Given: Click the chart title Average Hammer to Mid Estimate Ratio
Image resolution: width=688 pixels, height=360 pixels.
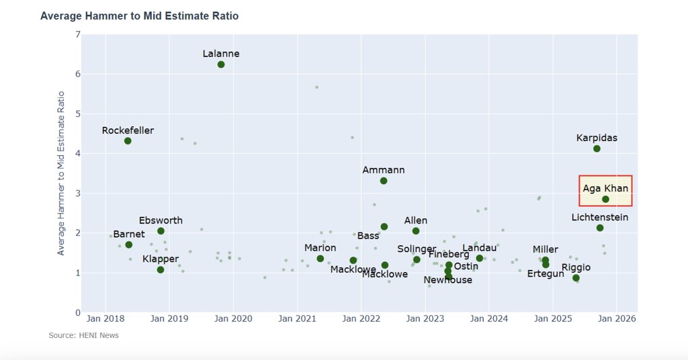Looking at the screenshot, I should click(139, 15).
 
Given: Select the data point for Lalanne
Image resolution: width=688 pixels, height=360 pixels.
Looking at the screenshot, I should click(221, 64).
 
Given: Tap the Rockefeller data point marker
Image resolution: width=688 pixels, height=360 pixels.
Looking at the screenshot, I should click(128, 141).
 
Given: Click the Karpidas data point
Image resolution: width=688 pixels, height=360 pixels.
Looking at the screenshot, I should click(597, 148).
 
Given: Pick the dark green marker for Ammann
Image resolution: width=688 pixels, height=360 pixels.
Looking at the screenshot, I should click(384, 181).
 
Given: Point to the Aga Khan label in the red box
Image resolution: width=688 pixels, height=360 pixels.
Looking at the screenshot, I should click(605, 188).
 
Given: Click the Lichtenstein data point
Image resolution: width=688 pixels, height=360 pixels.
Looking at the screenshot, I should click(600, 228).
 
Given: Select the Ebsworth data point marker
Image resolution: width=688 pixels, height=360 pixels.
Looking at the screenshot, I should click(161, 231).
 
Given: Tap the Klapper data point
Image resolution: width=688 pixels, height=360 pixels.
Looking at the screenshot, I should click(161, 270).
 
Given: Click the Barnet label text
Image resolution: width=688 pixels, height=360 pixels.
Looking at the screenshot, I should click(128, 234).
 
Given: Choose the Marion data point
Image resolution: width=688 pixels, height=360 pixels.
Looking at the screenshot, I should click(320, 259).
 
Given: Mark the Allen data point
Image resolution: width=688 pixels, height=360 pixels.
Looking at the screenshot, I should click(416, 231).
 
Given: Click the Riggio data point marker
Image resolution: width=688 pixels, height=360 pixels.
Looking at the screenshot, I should click(576, 278).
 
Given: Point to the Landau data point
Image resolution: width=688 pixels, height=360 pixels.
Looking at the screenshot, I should click(480, 259).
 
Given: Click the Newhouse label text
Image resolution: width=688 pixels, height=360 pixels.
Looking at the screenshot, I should click(447, 280).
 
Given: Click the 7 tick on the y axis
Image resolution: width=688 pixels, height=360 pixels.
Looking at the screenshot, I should click(78, 34).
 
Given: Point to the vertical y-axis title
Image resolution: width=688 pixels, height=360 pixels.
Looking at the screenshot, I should click(61, 173).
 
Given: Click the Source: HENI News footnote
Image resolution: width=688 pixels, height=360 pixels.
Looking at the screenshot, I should click(83, 335).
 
